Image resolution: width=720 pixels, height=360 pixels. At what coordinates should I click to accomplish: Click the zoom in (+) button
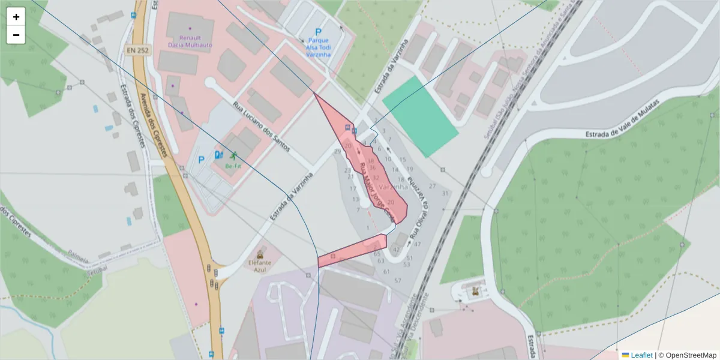click(x=16, y=17)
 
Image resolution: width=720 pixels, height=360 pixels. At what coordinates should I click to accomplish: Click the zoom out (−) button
click(x=16, y=35)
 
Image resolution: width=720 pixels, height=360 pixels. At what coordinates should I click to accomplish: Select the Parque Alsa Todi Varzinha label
click(x=319, y=46)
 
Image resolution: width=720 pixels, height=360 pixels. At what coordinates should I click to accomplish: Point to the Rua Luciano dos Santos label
click(x=262, y=127)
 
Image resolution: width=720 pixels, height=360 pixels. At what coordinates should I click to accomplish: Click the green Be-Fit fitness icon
click(x=233, y=155)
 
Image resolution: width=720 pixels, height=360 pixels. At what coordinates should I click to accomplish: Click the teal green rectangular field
click(x=420, y=116)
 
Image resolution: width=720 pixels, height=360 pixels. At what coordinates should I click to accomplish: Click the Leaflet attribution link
click(x=641, y=355)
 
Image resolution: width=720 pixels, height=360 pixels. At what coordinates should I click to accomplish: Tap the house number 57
click(x=398, y=281)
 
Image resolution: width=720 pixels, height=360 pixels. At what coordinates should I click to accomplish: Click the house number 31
click(x=445, y=193)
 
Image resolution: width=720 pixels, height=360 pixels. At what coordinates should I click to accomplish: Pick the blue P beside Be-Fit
click(x=202, y=160)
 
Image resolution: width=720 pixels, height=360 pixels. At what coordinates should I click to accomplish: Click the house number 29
click(x=337, y=151)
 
